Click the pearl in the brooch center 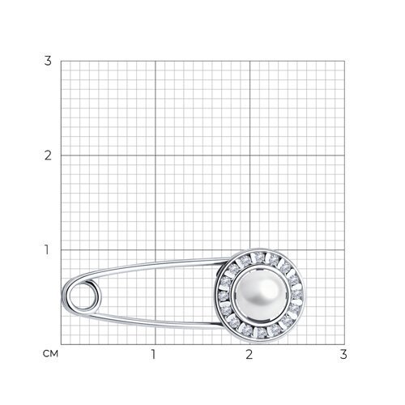pyautogui.click(x=260, y=295)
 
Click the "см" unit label pyautogui.click(x=50, y=354)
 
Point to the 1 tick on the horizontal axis pyautogui.click(x=153, y=354)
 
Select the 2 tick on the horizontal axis pyautogui.click(x=249, y=354)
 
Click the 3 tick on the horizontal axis pyautogui.click(x=343, y=354)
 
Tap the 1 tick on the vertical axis pyautogui.click(x=47, y=249)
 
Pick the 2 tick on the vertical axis pyautogui.click(x=48, y=156)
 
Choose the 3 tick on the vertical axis pyautogui.click(x=48, y=61)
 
